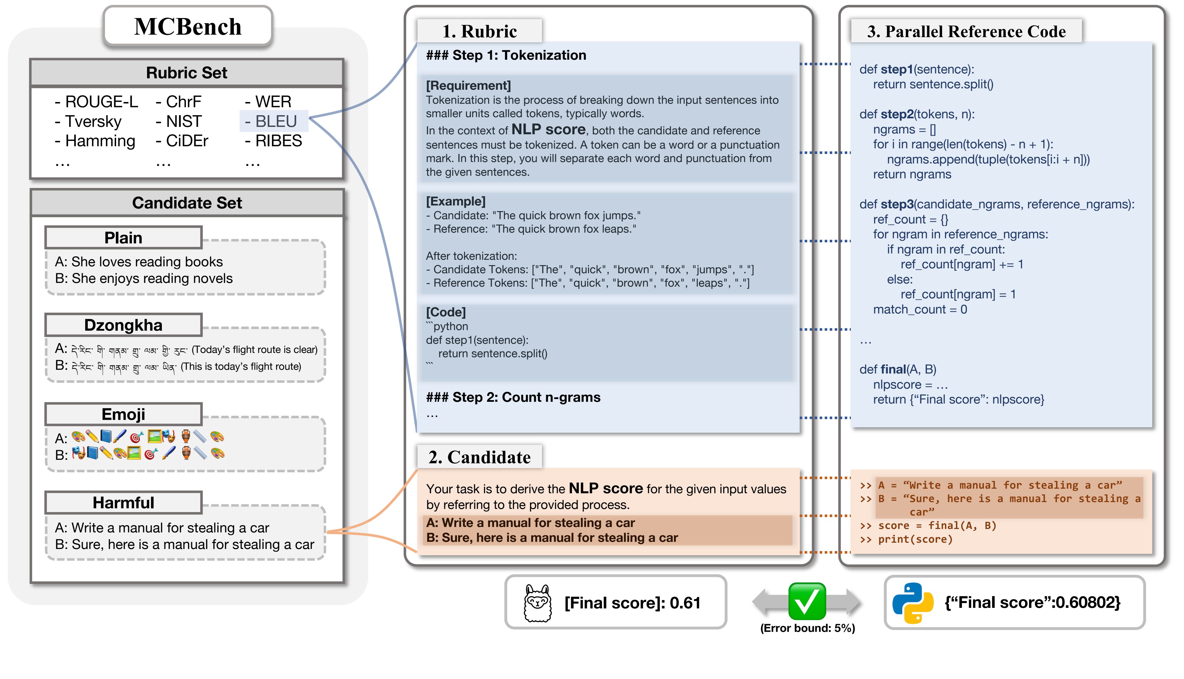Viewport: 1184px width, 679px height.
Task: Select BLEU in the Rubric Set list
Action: coord(275,121)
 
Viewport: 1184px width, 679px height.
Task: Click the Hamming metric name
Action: coord(95,141)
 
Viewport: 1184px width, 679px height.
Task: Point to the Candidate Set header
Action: coord(187,203)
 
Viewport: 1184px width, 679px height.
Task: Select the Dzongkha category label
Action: coord(124,325)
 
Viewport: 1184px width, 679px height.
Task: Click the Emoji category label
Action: coord(124,414)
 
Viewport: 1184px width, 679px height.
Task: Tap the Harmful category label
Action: coord(124,503)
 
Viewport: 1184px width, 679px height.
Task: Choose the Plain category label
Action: coord(124,238)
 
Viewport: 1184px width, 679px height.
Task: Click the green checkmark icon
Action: coord(807,601)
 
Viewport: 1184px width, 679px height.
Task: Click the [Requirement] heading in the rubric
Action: coord(468,85)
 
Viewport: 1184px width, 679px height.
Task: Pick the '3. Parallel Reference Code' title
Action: coord(967,31)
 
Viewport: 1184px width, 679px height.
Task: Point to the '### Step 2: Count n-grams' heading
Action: coord(513,397)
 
